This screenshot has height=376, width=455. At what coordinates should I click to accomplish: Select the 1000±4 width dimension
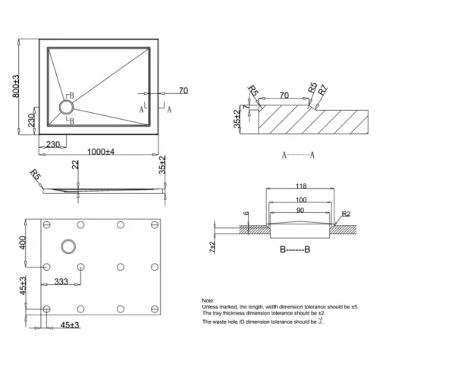pos(100,152)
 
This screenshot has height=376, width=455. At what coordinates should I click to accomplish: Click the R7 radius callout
pos(323,90)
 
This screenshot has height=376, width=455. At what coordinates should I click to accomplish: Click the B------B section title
pos(294,247)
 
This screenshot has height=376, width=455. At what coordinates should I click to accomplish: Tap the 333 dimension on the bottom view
pos(62,282)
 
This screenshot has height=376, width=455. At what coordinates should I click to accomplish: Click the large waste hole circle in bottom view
pos(71,246)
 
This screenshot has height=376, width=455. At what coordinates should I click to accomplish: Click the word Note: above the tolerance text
pos(208,301)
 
